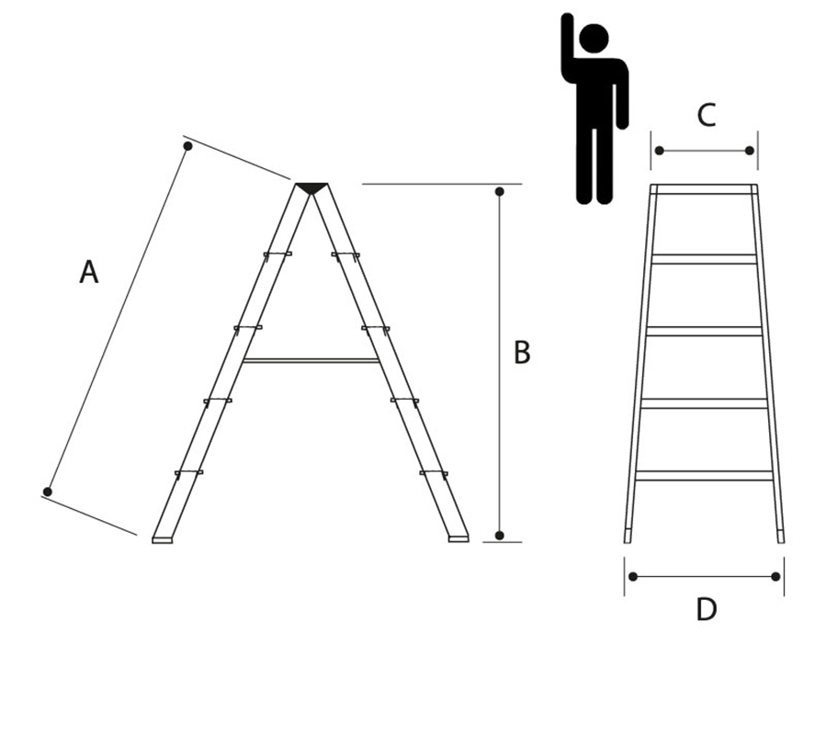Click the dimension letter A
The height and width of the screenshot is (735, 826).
[89, 272]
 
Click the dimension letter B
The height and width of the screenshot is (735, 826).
[522, 353]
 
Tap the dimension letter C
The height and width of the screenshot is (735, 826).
[707, 115]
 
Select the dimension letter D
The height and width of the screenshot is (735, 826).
[707, 610]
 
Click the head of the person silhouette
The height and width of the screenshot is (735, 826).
[594, 39]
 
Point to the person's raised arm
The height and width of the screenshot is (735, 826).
[567, 42]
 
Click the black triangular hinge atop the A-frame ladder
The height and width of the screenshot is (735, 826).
[311, 188]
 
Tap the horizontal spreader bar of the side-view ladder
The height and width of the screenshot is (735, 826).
[311, 361]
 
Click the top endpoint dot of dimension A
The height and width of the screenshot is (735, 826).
[187, 146]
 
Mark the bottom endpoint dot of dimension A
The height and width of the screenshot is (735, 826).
[48, 492]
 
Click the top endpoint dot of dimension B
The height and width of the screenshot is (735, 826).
[500, 191]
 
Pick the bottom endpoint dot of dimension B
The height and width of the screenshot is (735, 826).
[500, 536]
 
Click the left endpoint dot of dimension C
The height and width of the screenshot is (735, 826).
[659, 151]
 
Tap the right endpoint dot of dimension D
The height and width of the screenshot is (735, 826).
[775, 577]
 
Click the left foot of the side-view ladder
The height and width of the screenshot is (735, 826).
[163, 540]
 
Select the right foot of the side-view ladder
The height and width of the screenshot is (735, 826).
[458, 539]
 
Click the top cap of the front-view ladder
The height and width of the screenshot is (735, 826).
[705, 189]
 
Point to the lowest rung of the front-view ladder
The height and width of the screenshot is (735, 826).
[705, 475]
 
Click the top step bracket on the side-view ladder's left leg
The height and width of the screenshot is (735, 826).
[277, 255]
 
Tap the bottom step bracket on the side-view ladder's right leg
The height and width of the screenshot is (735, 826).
[434, 474]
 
